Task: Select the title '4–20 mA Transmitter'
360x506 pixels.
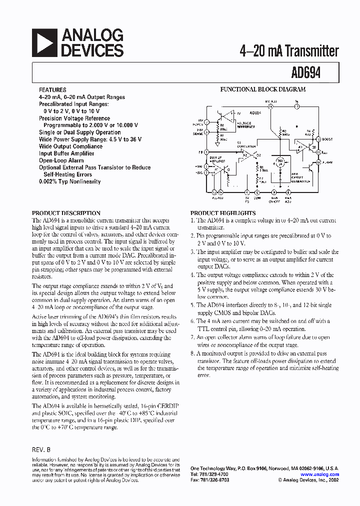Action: pyautogui.click(x=289, y=51)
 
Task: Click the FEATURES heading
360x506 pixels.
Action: pyautogui.click(x=52, y=90)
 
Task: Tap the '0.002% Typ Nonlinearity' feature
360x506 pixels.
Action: pyautogui.click(x=69, y=181)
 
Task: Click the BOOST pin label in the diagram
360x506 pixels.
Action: pyautogui.click(x=327, y=139)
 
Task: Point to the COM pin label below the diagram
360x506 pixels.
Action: pyautogui.click(x=258, y=197)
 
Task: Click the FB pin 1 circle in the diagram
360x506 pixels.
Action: pyautogui.click(x=206, y=151)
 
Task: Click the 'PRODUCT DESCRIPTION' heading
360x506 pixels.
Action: pyautogui.click(x=66, y=212)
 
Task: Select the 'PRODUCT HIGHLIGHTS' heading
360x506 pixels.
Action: pyautogui.click(x=223, y=212)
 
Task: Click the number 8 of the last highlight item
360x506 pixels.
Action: pyautogui.click(x=192, y=353)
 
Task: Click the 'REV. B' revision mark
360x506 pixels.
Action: pyautogui.click(x=41, y=449)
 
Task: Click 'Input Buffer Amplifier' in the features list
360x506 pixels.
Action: pyautogui.click(x=66, y=154)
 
